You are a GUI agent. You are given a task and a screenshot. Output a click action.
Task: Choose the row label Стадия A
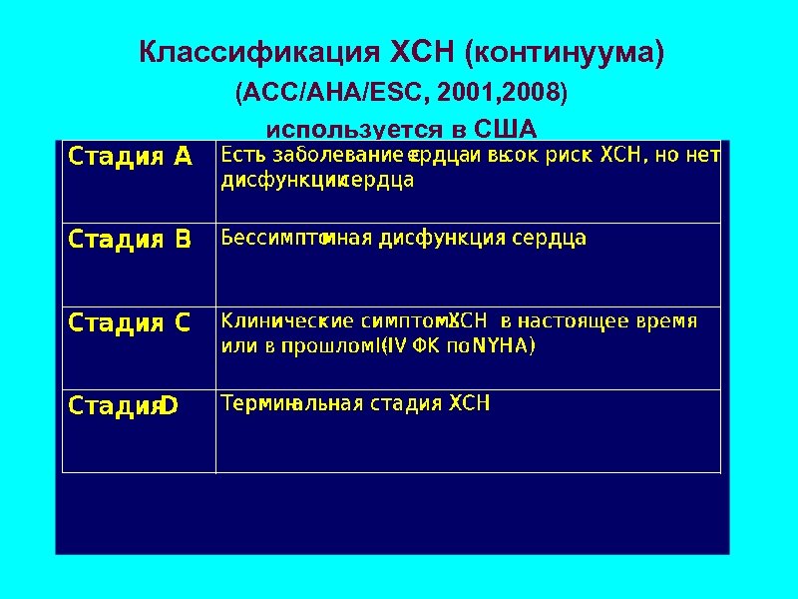click(x=130, y=156)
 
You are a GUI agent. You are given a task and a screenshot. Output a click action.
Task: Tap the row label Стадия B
click(x=130, y=239)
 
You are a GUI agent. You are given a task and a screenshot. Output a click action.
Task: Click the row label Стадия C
click(x=130, y=322)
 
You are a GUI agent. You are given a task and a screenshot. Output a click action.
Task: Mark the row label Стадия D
click(x=123, y=405)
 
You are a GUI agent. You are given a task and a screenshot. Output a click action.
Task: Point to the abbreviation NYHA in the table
click(x=504, y=346)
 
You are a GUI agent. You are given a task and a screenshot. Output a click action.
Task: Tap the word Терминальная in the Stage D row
click(x=292, y=404)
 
